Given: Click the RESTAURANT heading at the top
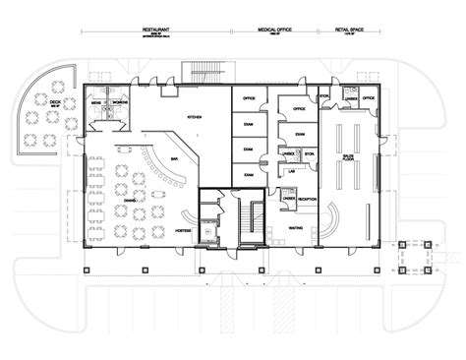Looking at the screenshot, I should (158, 30).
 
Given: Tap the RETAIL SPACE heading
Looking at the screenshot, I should (350, 30).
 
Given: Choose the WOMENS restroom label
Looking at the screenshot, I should (119, 102).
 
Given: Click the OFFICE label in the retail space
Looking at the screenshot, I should (370, 99).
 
